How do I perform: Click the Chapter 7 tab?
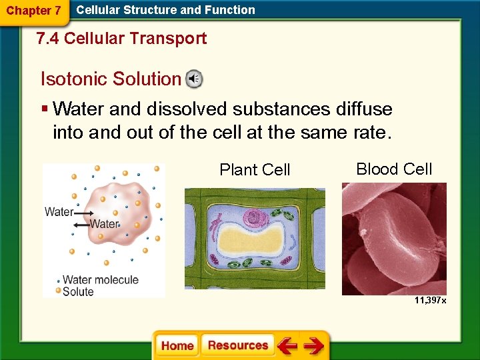point(33,11)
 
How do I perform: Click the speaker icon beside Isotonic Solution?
point(194,79)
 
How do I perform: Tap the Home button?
point(177,345)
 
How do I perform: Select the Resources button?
point(238,345)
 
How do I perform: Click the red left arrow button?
point(287,345)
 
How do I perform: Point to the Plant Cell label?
point(255,170)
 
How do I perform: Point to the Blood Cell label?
point(394,169)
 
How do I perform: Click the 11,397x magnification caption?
point(430,301)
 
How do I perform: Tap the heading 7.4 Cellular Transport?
point(122,39)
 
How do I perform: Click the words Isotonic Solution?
point(111,79)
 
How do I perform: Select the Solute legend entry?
point(78,291)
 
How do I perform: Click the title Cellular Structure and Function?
point(165,10)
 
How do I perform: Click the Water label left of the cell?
point(59,212)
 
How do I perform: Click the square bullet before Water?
point(44,109)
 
